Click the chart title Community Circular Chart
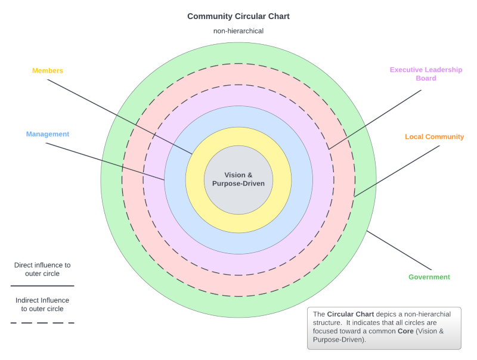click(238, 17)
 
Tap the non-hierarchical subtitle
click(238, 31)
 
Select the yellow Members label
click(48, 70)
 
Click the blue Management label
click(48, 134)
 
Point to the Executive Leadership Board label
click(426, 74)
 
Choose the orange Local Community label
click(434, 136)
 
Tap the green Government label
click(429, 277)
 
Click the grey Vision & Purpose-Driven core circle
click(238, 179)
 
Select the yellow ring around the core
click(238, 136)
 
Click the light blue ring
click(238, 117)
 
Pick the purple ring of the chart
click(238, 95)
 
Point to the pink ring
click(238, 74)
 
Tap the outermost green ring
click(238, 52)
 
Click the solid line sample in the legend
click(42, 285)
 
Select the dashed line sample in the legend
click(42, 322)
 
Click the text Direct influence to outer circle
click(42, 269)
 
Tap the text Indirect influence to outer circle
click(42, 305)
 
